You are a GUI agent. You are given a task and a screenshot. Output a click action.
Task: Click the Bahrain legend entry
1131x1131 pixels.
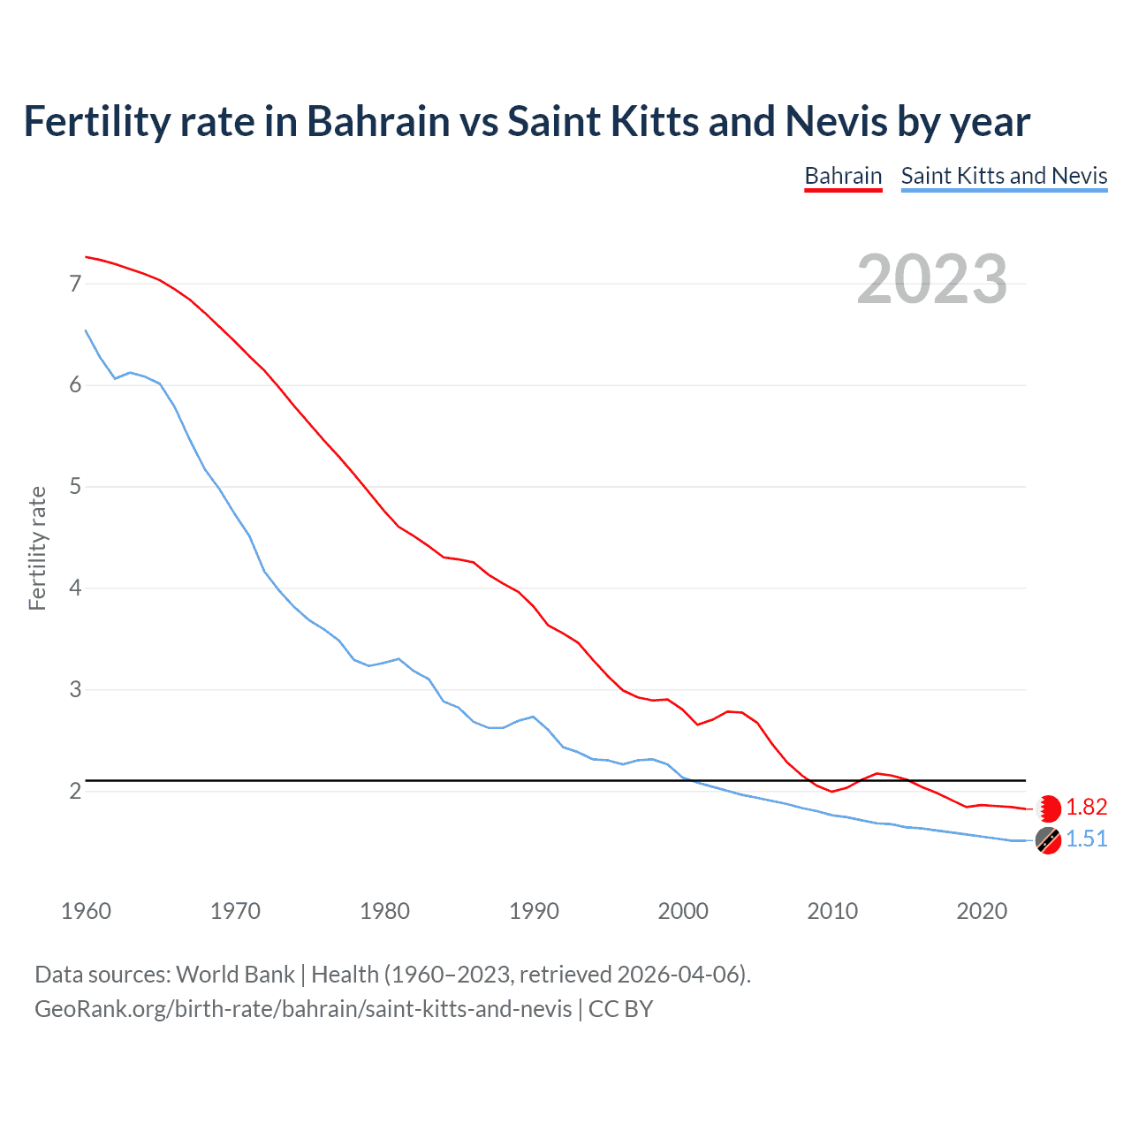pos(843,176)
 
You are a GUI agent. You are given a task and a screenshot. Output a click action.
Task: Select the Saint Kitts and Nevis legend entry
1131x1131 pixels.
pos(1004,176)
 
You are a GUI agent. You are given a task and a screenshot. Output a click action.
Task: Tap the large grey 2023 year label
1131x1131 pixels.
pos(932,279)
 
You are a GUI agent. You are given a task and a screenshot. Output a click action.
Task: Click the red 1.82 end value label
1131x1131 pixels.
pos(1086,807)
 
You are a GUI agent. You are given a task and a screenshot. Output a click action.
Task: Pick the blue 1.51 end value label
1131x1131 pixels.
pos(1086,839)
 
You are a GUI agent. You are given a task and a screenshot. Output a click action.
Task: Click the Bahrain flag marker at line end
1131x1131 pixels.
pos(1049,808)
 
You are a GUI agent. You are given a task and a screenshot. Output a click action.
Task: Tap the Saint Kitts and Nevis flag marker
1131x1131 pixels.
pos(1048,841)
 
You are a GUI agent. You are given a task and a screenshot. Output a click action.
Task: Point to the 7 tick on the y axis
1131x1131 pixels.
pos(75,284)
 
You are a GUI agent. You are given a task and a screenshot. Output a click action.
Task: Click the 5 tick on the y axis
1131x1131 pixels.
pos(75,487)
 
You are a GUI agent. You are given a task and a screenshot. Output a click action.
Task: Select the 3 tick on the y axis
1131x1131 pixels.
pos(75,689)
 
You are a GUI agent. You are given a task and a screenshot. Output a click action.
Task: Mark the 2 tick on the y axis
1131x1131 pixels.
pos(75,791)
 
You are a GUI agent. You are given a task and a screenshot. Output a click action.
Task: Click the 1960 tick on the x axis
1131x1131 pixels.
pos(86,911)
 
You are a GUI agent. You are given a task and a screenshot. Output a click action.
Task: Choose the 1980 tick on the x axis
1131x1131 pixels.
pos(384,911)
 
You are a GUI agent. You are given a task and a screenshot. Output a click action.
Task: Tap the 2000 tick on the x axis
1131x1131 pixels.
pos(683,911)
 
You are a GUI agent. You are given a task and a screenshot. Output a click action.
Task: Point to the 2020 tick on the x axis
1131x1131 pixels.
pos(982,911)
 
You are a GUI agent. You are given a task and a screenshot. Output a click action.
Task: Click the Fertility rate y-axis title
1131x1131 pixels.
pos(37,548)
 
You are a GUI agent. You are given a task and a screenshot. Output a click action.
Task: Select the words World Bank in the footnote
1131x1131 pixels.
pos(235,975)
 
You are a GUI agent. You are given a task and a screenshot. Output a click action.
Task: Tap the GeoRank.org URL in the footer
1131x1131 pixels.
pos(303,1009)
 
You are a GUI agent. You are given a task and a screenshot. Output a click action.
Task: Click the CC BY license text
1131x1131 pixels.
pos(620,1009)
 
